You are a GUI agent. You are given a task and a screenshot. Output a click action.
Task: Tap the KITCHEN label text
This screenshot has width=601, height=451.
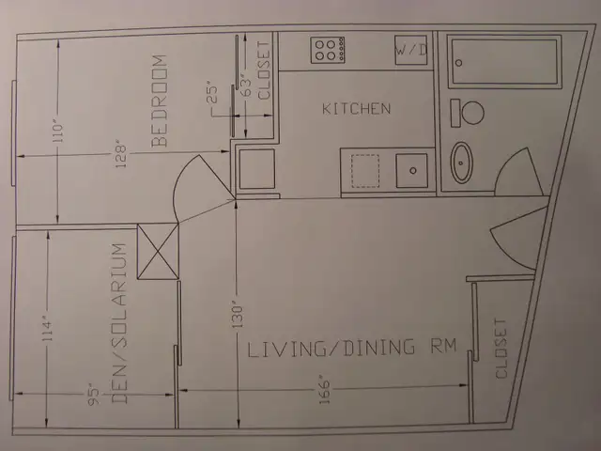pos(356,109)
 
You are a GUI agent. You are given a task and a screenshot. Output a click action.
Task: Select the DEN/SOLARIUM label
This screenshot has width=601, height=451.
pos(119,324)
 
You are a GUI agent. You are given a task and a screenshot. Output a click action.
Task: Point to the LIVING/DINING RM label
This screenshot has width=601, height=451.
pos(351,349)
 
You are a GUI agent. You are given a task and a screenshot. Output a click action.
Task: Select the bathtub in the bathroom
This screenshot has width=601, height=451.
pos(503,62)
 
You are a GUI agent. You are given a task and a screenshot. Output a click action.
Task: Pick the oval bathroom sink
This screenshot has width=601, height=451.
pos(463,163)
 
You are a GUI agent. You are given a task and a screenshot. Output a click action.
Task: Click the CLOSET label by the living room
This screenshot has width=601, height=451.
pos(501,349)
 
